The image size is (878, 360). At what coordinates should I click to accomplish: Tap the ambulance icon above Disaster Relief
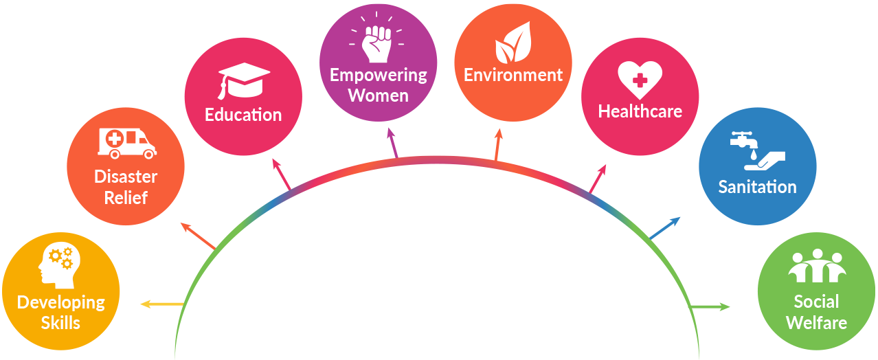(126, 142)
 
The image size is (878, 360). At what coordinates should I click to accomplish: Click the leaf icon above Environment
(513, 43)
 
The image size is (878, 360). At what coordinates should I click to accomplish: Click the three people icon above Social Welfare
(815, 267)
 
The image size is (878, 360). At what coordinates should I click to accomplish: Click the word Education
(243, 114)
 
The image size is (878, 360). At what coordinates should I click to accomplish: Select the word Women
(379, 95)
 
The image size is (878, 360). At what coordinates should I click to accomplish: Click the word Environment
(513, 74)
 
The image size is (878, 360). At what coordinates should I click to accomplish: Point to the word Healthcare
(640, 111)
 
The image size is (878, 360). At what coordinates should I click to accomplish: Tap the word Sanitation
(757, 186)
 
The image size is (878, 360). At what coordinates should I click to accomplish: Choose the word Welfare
(816, 322)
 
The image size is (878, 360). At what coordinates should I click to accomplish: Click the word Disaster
(126, 177)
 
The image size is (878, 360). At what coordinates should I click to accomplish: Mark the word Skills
(60, 322)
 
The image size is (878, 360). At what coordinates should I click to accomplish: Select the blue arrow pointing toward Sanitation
(665, 227)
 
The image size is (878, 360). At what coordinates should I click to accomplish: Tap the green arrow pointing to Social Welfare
(710, 306)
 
